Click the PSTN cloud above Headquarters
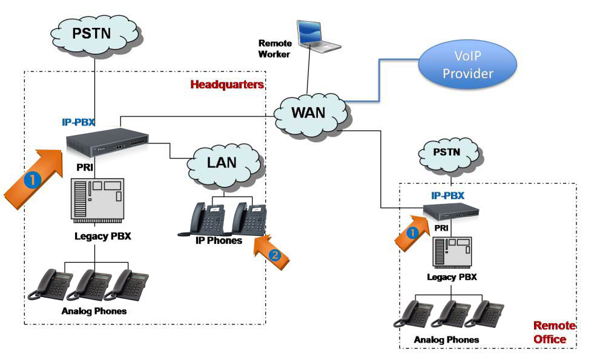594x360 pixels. click(92, 33)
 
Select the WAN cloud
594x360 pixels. click(309, 113)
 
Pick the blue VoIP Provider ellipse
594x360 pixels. click(467, 65)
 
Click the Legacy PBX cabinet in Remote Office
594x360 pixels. click(451, 252)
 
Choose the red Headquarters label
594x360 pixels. click(227, 85)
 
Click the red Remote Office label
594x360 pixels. click(553, 332)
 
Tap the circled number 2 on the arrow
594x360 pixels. click(274, 255)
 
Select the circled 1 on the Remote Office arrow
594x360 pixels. click(412, 232)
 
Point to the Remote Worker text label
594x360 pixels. click(275, 48)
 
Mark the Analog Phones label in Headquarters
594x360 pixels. click(94, 311)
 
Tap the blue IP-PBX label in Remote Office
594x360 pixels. click(447, 195)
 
